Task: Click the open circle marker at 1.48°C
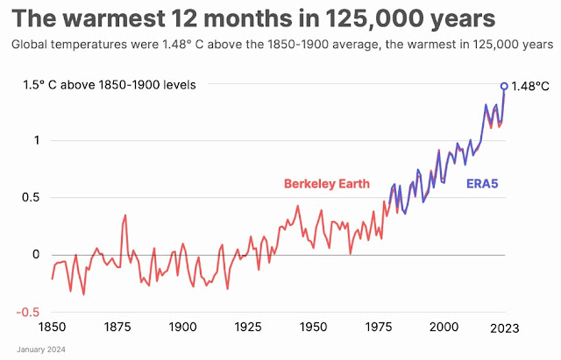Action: tap(504, 86)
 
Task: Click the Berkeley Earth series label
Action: tap(326, 184)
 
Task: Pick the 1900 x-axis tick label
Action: tap(181, 327)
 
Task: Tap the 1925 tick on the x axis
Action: tap(248, 327)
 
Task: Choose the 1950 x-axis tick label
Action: tap(314, 327)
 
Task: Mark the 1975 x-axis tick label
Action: tap(380, 327)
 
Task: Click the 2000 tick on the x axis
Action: tap(445, 327)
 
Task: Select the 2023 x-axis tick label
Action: tap(503, 327)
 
